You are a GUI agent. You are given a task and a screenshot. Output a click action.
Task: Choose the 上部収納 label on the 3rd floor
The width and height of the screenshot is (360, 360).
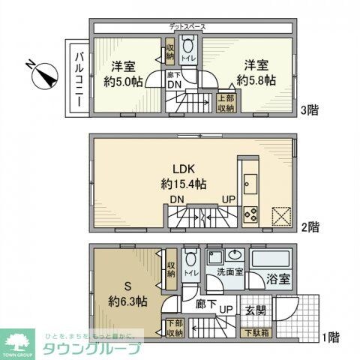(x=226, y=103)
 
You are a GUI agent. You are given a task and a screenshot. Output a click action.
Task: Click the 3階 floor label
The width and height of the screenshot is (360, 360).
(x=310, y=110)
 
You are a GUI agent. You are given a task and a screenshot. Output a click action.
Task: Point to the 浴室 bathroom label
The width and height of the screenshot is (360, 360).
(x=275, y=281)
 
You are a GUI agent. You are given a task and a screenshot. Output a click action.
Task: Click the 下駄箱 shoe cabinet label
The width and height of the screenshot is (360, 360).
(x=256, y=332)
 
